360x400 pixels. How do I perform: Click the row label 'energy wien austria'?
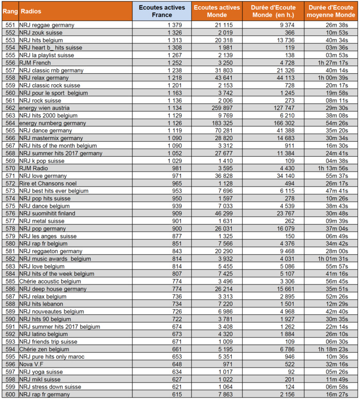tap(45, 108)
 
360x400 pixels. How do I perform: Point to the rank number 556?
tap(10, 62)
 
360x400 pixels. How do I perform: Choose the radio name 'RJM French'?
tap(35, 62)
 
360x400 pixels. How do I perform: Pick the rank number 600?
tap(10, 394)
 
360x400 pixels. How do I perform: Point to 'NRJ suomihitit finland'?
tap(47, 213)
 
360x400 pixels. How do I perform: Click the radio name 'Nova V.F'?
tap(32, 364)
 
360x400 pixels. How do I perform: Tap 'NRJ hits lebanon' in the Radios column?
tap(41, 304)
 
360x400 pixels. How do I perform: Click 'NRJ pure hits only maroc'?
tap(50, 356)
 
